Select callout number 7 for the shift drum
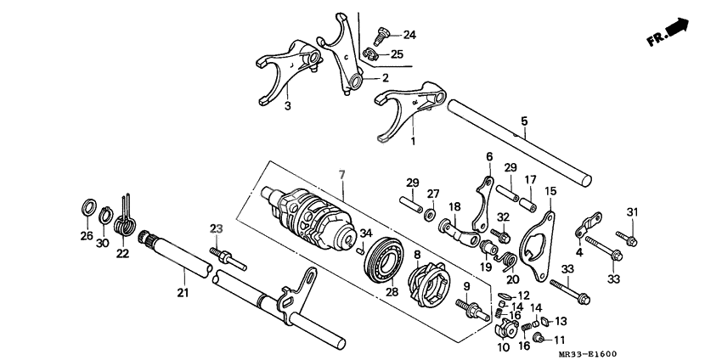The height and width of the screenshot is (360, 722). (x=342, y=174)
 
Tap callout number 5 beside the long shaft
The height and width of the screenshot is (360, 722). (x=524, y=121)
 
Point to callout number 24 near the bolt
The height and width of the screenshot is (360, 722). (x=409, y=35)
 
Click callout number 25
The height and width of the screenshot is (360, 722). (x=397, y=54)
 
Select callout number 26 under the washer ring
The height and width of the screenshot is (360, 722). (x=87, y=235)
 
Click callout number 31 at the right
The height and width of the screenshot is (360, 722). (x=631, y=211)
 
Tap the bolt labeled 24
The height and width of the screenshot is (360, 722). (x=380, y=36)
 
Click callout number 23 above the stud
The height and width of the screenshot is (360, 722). (x=216, y=228)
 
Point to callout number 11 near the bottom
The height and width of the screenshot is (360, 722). (x=559, y=340)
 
